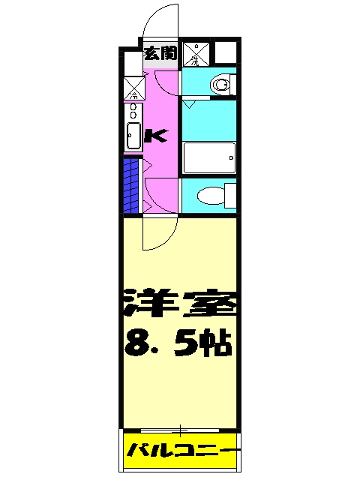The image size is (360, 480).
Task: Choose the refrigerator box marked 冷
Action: (133, 88)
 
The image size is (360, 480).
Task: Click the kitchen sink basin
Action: (133, 137)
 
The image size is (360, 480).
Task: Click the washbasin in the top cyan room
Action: (220, 84)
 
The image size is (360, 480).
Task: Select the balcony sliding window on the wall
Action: (181, 430)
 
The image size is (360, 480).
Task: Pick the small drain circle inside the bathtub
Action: (232, 158)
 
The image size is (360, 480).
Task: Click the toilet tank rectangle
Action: (229, 197)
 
